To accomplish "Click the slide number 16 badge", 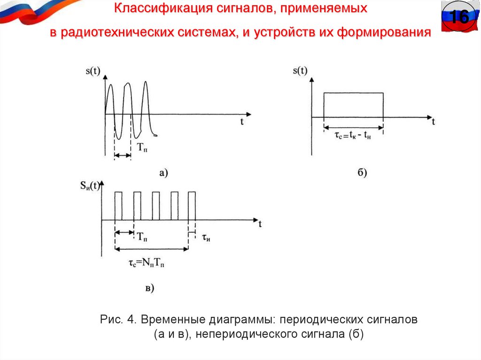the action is [x=458, y=18].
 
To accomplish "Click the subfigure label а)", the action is [x=163, y=173].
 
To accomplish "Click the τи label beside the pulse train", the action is [x=206, y=237].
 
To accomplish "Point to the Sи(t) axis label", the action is [x=89, y=185].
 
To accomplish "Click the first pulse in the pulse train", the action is [x=118, y=206].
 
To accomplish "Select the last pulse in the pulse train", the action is [x=192, y=206].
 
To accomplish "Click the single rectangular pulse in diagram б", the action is [x=353, y=105].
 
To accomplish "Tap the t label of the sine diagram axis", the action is [x=242, y=122].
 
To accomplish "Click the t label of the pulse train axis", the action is [x=260, y=224].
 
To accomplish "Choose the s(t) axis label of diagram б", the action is [x=300, y=71].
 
